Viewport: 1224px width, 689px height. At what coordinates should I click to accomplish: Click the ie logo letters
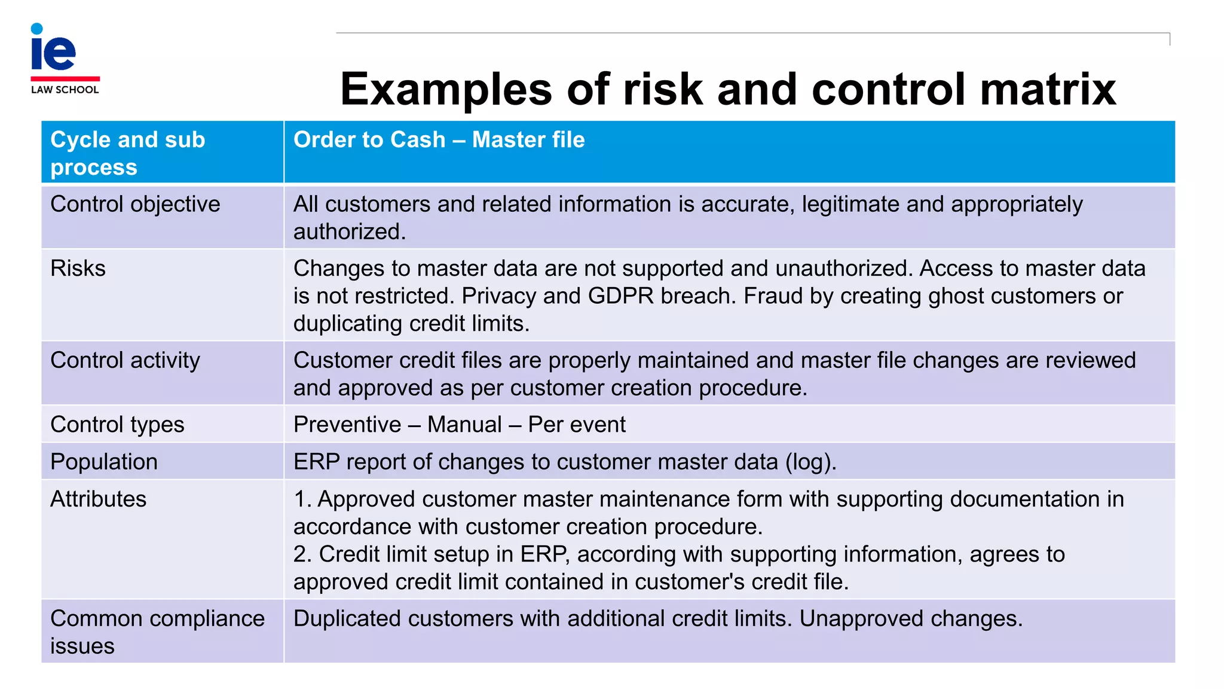tap(53, 50)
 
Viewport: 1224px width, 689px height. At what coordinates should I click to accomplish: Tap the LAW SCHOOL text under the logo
tap(65, 90)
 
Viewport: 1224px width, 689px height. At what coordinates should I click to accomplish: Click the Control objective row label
tap(135, 205)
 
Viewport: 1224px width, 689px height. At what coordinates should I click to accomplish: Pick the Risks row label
tap(78, 269)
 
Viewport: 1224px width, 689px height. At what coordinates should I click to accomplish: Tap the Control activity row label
tap(125, 361)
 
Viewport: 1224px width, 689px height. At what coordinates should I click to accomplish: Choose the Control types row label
tap(117, 425)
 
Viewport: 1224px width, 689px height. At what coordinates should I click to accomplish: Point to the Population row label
tap(104, 462)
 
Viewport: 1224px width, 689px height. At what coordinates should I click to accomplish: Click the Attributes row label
tap(98, 499)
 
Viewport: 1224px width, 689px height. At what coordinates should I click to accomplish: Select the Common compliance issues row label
tap(157, 632)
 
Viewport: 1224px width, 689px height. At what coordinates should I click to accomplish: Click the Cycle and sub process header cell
tap(127, 153)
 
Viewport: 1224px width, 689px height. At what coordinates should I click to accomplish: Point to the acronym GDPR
tap(621, 296)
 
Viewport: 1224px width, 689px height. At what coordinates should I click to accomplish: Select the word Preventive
tap(347, 425)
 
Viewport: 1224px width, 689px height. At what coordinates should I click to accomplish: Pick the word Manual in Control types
tap(464, 425)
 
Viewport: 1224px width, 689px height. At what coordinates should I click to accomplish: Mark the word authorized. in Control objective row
tap(350, 232)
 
